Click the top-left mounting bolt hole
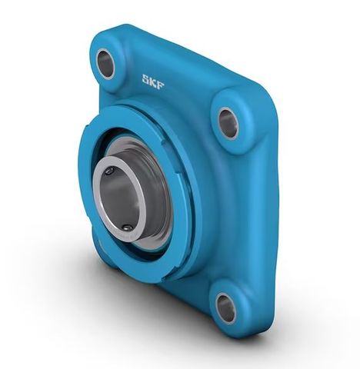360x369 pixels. point(106,64)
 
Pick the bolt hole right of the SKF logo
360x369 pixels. point(228,122)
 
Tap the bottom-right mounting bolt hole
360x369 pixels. point(225,308)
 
